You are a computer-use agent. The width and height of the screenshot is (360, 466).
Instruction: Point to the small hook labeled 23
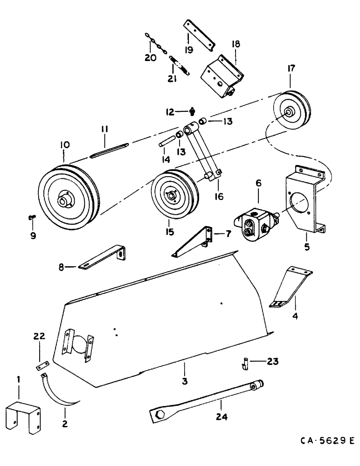pyautogui.click(x=244, y=362)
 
